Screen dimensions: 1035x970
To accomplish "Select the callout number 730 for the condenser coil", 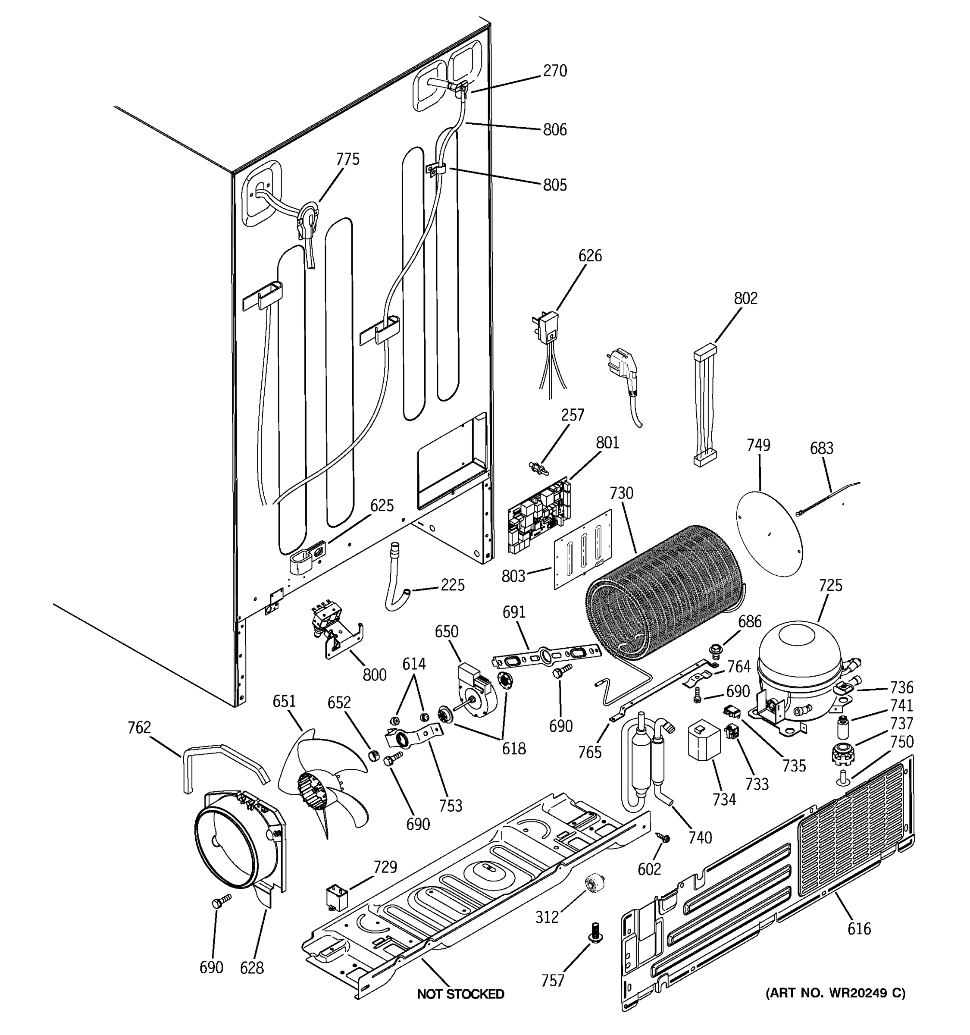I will click(621, 493).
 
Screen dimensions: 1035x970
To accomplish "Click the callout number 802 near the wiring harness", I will click(746, 298).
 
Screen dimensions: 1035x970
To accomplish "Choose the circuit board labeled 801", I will click(538, 514).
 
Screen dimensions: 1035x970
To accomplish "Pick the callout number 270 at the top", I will click(555, 71).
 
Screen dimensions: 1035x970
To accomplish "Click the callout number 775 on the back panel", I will click(347, 159).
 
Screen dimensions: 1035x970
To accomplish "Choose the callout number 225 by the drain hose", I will click(452, 585).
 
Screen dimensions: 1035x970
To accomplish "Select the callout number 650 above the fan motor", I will click(447, 631).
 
